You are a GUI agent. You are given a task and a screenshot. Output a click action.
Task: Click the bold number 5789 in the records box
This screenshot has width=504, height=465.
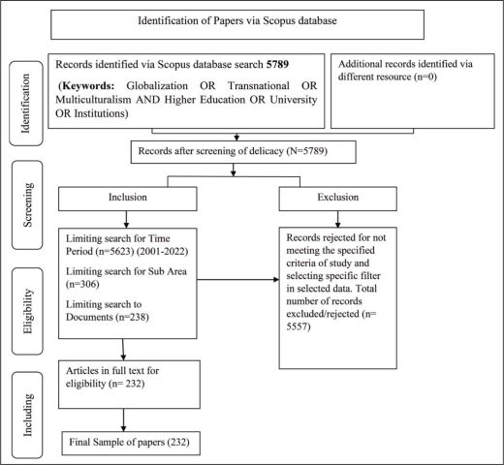(277, 64)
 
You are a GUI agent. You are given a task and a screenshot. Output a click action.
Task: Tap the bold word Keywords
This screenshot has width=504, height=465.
(88, 86)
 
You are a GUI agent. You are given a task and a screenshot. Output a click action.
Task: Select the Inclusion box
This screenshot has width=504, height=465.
(128, 199)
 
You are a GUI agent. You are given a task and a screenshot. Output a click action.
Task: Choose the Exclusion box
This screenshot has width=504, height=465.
(338, 199)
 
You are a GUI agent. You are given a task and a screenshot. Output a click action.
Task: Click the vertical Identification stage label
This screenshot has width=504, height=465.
(25, 104)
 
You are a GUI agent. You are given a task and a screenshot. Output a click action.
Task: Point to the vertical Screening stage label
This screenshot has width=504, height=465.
(28, 204)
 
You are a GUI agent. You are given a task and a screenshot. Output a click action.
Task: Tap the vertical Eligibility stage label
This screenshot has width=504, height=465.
(28, 311)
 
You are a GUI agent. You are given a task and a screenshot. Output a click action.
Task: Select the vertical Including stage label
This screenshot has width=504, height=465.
(28, 415)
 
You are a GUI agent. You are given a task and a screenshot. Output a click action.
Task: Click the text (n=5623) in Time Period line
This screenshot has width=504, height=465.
(114, 251)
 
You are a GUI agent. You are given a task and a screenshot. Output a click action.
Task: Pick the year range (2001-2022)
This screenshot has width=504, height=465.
(163, 251)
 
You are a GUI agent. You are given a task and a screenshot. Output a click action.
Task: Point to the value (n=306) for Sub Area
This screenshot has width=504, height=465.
(82, 284)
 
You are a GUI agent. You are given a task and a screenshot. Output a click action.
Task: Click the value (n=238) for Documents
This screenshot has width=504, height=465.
(133, 317)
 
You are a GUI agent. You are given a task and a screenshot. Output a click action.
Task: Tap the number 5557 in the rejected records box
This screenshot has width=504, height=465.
(299, 326)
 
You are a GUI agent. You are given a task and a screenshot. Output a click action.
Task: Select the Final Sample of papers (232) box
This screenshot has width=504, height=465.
(131, 444)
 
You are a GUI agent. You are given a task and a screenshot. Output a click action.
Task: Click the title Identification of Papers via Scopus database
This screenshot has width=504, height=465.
(237, 20)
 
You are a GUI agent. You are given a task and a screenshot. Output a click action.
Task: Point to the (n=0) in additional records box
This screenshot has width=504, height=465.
(425, 77)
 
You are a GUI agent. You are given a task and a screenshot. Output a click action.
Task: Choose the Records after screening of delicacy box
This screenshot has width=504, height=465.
(243, 152)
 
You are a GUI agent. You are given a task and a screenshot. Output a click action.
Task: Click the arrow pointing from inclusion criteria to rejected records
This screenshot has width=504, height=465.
(238, 280)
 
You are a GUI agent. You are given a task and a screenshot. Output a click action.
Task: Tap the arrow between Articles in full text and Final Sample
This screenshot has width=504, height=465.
(123, 419)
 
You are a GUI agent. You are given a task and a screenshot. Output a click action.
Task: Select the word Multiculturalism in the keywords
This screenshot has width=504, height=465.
(93, 100)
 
